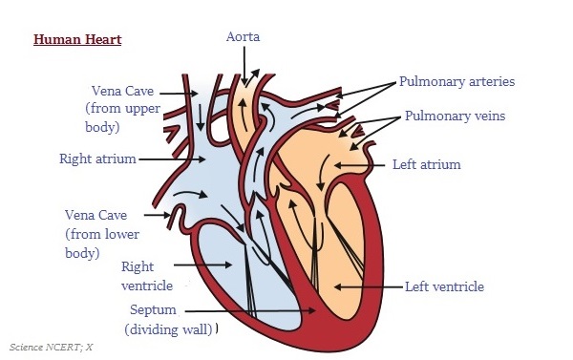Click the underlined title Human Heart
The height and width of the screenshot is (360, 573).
point(77,40)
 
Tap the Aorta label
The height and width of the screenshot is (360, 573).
point(244,37)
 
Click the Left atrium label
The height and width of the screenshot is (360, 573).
point(426,164)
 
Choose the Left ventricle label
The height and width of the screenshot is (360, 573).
point(445,286)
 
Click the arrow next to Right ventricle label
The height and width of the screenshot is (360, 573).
point(204,264)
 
